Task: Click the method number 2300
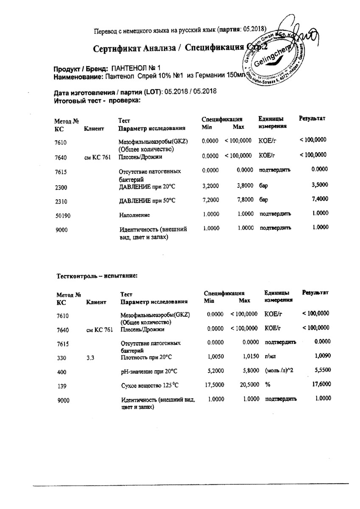point(61,187)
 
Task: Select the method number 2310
point(61,201)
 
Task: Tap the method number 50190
point(63,215)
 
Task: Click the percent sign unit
point(268,385)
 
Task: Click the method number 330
point(61,358)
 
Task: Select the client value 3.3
point(91,358)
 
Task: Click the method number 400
point(61,372)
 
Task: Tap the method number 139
point(61,386)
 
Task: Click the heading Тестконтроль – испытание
point(97,276)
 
